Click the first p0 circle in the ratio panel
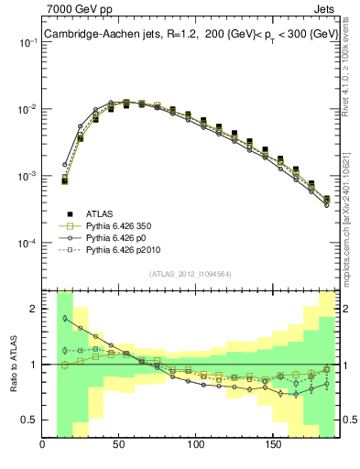(x=65, y=319)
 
